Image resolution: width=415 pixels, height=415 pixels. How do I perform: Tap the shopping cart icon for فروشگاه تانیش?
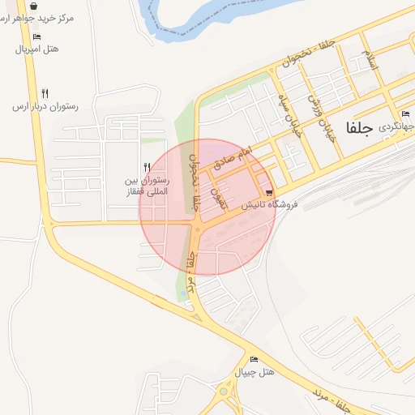pos(267,192)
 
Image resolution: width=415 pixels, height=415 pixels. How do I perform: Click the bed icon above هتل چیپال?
pos(255,359)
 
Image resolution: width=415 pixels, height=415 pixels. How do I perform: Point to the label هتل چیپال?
pos(255,372)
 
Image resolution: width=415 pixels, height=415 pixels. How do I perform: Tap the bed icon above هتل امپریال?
pos(36,36)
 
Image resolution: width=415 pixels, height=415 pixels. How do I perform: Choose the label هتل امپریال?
pos(37,49)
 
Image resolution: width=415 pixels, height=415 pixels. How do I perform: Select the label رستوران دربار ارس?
pos(45,106)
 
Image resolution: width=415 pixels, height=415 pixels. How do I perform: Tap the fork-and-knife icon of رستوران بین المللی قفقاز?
pos(147,168)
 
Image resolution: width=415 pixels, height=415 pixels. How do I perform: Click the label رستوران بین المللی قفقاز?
pos(143,186)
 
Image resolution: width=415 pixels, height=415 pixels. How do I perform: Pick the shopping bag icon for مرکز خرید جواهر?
pos(32,5)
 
